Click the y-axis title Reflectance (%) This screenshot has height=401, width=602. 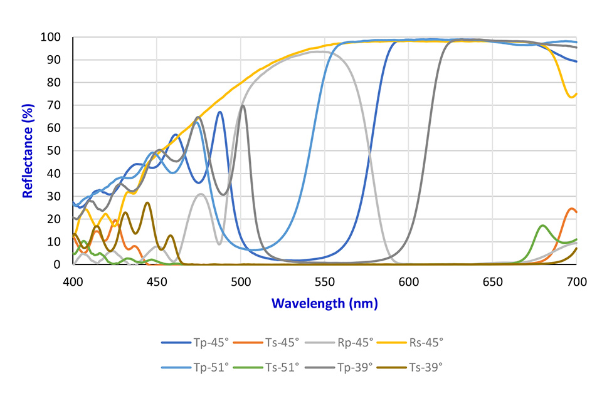(28, 151)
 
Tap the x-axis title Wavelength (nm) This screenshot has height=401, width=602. (324, 303)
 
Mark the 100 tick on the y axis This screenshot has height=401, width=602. (52, 37)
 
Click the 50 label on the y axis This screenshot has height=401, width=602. (55, 151)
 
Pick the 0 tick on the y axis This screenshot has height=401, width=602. (58, 264)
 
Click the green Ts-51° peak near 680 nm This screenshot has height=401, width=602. (543, 226)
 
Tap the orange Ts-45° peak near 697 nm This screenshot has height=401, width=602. (571, 209)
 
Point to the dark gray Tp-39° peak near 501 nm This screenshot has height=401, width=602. (243, 105)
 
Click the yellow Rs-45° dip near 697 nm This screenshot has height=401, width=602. (571, 96)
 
